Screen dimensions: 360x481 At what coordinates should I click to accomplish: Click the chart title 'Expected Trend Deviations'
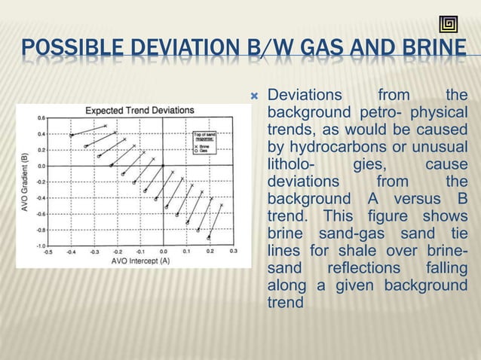pos(139,110)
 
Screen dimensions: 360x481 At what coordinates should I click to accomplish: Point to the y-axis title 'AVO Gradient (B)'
pos(24,182)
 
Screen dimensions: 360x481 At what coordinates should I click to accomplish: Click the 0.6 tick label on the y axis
pos(40,118)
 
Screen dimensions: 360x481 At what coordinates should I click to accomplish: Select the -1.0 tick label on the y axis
pos(39,246)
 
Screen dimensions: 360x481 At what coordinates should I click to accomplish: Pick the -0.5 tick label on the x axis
pos(48,252)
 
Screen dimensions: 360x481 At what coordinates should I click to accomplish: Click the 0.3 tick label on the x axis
pos(234,252)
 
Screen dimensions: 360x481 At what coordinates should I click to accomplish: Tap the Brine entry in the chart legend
pos(204,147)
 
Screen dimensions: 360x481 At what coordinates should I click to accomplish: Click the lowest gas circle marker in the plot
pos(209,237)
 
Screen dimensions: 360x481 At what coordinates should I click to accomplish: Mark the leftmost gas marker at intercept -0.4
pos(72,135)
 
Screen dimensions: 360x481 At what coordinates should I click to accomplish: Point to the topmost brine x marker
pos(106,125)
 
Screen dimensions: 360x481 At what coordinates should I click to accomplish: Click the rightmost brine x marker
pos(221,205)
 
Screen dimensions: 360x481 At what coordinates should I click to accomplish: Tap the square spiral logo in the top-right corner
pos(449,24)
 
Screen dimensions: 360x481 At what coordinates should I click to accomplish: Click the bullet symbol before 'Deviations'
pos(254,96)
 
